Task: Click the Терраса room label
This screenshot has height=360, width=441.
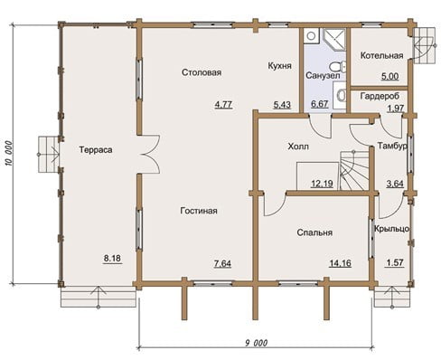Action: click(x=96, y=150)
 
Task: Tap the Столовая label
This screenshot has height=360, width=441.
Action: click(x=202, y=72)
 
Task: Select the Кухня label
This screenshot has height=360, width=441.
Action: click(x=280, y=66)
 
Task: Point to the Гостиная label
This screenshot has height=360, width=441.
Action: click(x=199, y=211)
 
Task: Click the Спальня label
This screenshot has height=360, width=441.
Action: click(x=314, y=232)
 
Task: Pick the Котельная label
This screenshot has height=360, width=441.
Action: click(x=381, y=56)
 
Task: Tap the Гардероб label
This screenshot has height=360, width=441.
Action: click(x=380, y=96)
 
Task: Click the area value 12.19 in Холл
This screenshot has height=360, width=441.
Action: click(x=322, y=184)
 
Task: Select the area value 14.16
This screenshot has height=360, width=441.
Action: click(x=340, y=263)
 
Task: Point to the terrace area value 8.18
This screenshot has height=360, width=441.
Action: click(x=112, y=259)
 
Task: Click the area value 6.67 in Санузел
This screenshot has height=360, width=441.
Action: click(x=319, y=104)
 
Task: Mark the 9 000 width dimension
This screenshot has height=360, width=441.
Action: click(x=256, y=343)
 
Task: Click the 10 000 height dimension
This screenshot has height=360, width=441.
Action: click(x=9, y=153)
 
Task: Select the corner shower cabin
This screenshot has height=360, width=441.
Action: click(x=334, y=40)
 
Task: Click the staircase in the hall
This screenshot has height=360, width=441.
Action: click(x=355, y=170)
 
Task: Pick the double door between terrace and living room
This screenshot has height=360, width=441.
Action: click(x=150, y=155)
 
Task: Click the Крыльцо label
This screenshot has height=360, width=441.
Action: click(x=391, y=229)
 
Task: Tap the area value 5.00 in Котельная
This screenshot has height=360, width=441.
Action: click(x=390, y=76)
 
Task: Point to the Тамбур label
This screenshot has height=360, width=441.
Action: click(x=392, y=146)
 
